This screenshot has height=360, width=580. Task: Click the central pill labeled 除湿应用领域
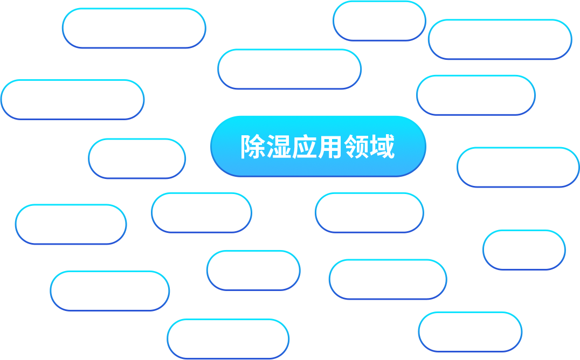[318, 147]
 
